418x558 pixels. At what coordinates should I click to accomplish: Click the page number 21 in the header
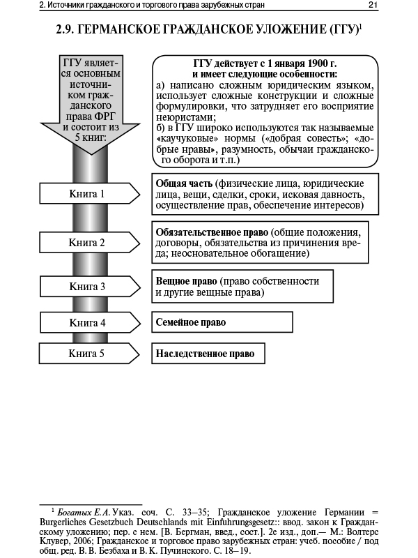point(373,6)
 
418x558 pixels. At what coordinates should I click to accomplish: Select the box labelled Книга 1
point(87,193)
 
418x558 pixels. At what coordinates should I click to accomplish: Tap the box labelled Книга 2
point(87,243)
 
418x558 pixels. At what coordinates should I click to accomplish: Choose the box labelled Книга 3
point(87,286)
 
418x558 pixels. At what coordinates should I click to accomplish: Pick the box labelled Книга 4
point(87,323)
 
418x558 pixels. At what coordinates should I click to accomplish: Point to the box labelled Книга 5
point(87,354)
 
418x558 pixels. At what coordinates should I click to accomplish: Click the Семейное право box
point(222,322)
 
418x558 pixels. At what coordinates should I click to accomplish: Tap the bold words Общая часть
point(180,183)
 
